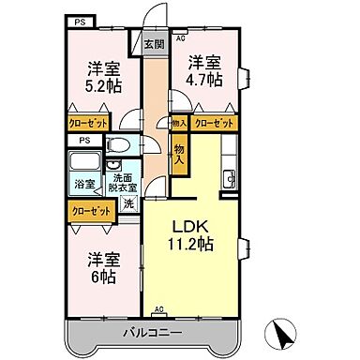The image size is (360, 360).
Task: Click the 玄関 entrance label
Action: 154,44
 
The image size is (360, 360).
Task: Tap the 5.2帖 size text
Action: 103,83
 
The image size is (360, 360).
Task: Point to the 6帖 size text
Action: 103,277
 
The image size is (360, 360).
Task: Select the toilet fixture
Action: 117,145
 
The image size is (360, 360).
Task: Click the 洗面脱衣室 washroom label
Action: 123,182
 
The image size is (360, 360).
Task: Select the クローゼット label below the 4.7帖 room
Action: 215,123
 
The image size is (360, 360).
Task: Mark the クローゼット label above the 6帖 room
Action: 89,212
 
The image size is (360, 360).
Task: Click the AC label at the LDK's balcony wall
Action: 159,307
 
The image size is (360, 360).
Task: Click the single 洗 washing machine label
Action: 127,202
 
